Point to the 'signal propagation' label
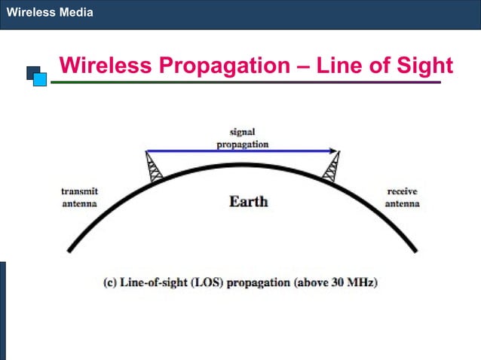click(242, 139)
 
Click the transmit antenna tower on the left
click(154, 167)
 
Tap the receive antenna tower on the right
click(330, 167)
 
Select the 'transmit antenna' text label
click(79, 198)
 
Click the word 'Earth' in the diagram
click(248, 202)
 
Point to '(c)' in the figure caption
click(109, 283)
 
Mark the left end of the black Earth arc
click(69, 250)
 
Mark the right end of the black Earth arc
click(414, 250)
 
